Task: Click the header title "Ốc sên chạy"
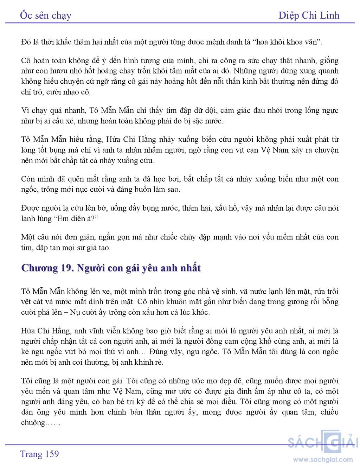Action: pos(46,15)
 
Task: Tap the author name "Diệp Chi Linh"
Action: pos(309,15)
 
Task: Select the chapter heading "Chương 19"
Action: pos(46,268)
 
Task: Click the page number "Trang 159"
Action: pos(40,454)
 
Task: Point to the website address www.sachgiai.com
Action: pos(323,459)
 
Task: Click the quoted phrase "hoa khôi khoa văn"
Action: pos(287,42)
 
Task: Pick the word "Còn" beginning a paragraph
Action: pos(28,179)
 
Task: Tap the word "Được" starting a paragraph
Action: pos(31,208)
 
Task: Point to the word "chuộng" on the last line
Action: pos(33,423)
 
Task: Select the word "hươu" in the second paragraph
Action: pos(58,71)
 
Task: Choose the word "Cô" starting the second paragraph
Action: pos(26,60)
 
